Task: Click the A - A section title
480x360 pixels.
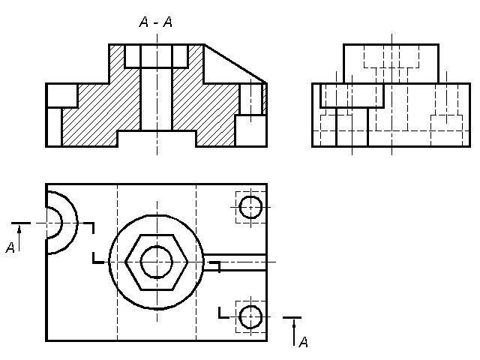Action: (156, 22)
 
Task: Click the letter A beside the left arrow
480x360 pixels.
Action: (10, 247)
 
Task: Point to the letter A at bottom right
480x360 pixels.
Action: (303, 342)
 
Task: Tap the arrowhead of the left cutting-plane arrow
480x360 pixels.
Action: (19, 229)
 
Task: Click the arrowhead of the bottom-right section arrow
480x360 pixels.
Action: (294, 322)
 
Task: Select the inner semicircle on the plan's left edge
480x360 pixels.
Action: (61, 223)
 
